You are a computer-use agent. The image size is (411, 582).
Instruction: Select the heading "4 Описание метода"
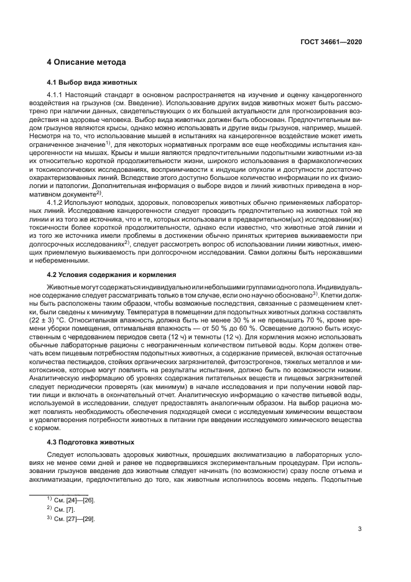pyautogui.click(x=87, y=63)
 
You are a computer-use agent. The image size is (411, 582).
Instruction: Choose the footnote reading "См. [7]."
pyautogui.click(x=67, y=509)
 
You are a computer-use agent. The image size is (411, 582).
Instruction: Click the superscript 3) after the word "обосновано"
pyautogui.click(x=316, y=292)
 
